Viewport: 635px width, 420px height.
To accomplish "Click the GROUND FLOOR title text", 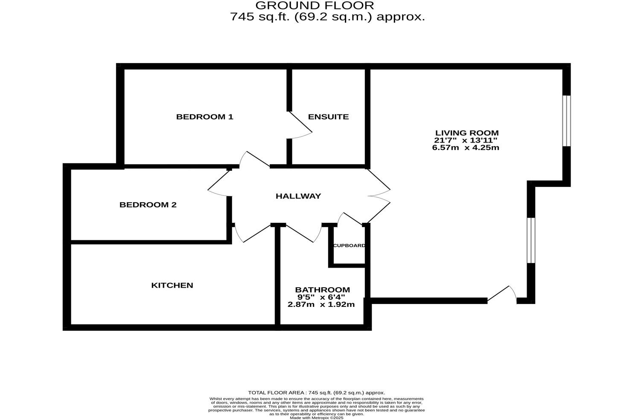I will tap(315, 6).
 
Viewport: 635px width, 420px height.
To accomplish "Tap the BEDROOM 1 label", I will tap(204, 117).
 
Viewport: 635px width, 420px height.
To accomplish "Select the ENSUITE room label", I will tap(328, 117).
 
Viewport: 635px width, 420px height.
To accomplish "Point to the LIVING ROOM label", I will tap(466, 133).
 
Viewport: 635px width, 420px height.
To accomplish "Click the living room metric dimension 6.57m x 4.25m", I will tap(465, 148).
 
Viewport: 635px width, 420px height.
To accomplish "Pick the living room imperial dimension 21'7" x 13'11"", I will tap(465, 140).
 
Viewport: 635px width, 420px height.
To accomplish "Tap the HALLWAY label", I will tap(298, 196).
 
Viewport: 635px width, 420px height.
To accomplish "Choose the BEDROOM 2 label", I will tap(148, 204).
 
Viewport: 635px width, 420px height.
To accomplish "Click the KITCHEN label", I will tap(172, 285).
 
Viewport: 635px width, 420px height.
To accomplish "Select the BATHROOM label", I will tap(322, 290).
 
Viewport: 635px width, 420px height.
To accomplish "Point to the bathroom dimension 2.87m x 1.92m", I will tap(321, 304).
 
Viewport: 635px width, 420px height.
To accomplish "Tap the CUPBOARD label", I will tap(349, 245).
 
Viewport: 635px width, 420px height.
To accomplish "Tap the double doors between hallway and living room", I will tap(379, 195).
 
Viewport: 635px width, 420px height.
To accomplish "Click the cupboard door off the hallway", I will tap(349, 218).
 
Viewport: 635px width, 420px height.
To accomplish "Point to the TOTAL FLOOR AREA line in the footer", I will tap(316, 392).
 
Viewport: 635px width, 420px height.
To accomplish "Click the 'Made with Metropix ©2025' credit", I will tap(316, 418).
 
